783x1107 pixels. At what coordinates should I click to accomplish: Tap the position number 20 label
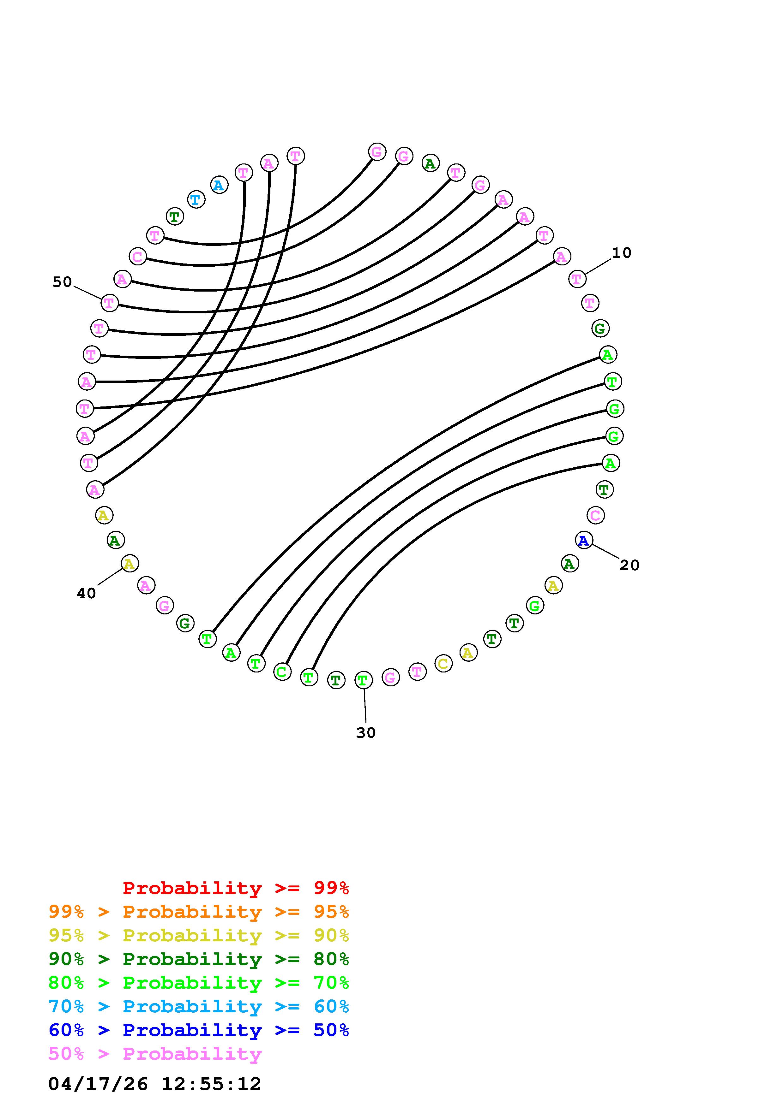tap(629, 565)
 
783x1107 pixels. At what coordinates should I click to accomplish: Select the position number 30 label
tap(366, 733)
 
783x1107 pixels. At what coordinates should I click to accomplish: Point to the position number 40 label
tap(86, 594)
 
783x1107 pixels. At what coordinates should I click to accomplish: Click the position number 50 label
tap(62, 282)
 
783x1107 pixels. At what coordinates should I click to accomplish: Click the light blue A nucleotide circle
tap(219, 185)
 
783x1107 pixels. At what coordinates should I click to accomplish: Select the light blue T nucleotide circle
tap(196, 199)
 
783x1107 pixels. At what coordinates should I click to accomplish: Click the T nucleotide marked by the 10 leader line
tap(577, 279)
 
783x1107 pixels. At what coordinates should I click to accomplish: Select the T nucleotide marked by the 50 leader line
tap(110, 303)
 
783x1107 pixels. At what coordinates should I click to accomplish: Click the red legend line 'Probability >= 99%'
tap(236, 888)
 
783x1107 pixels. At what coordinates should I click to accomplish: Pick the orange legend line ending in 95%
tap(199, 912)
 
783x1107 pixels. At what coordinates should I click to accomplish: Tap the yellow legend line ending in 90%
tap(199, 935)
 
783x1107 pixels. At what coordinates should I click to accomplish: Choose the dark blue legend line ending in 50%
tap(199, 1030)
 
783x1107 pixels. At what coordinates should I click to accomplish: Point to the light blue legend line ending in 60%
tap(199, 1006)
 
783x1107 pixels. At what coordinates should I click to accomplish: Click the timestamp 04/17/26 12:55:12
tap(155, 1084)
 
